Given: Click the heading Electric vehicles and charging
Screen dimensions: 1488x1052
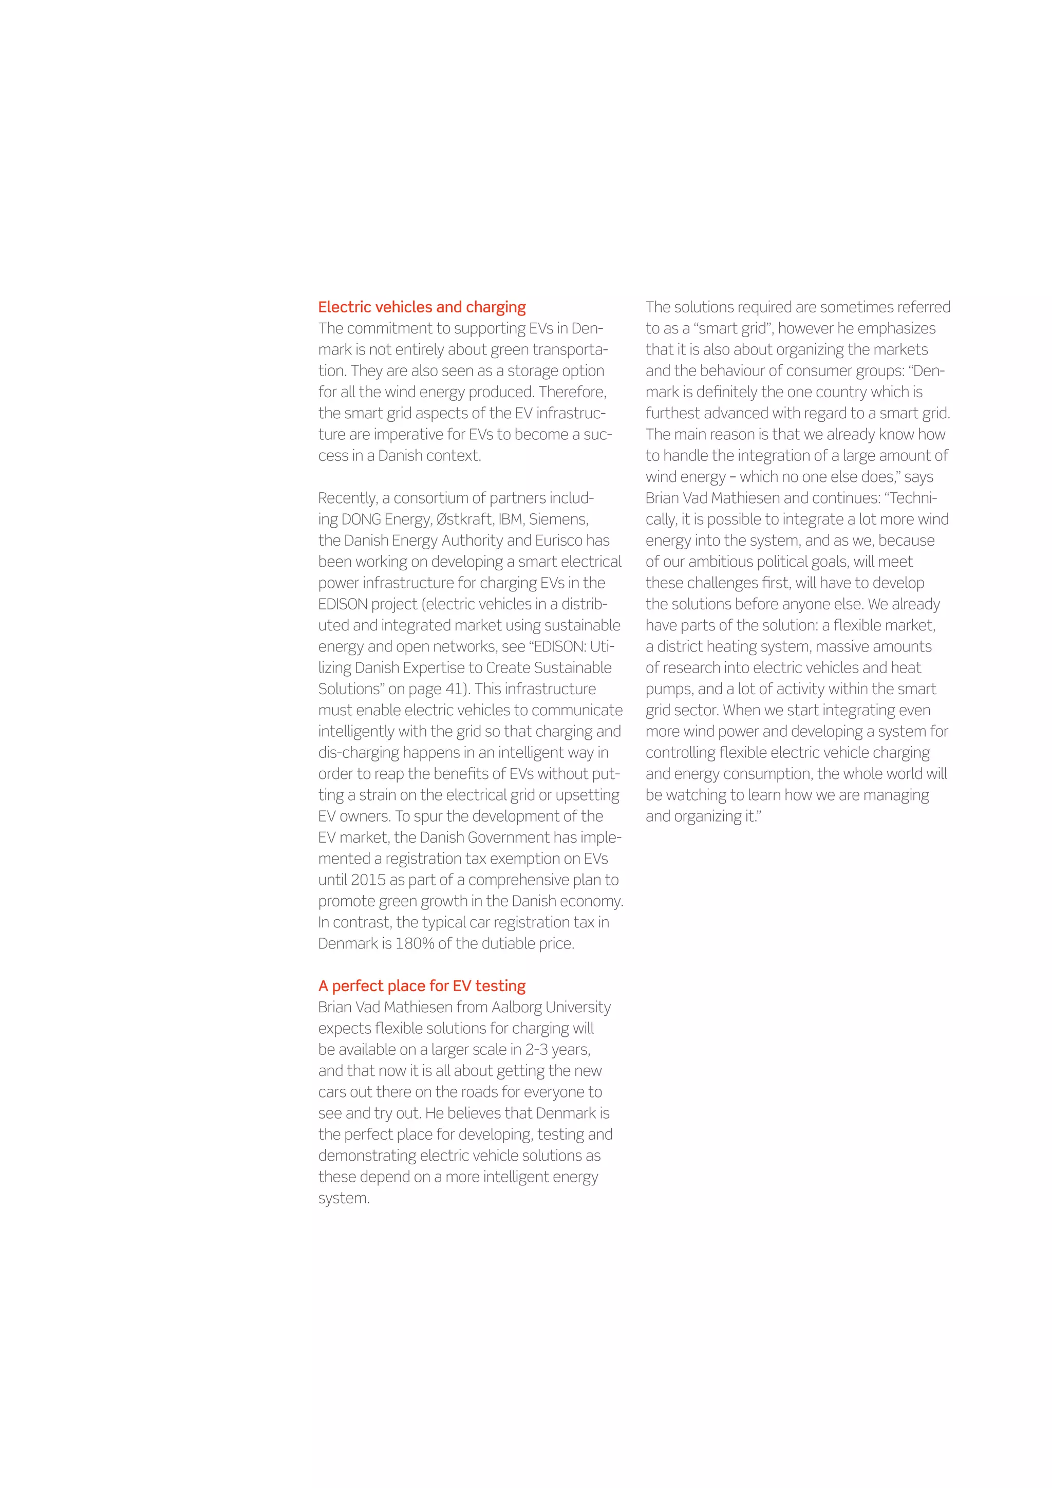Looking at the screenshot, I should [422, 307].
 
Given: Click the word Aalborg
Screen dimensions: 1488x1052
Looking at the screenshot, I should [516, 1007].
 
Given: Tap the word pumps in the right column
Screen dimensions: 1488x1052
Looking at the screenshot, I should [668, 690].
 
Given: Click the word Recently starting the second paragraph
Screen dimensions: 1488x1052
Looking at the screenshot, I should [348, 498].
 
